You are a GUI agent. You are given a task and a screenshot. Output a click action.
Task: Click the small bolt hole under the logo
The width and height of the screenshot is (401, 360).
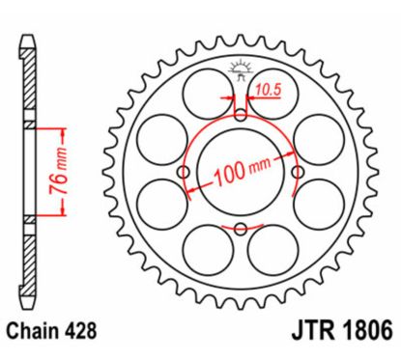tap(241, 116)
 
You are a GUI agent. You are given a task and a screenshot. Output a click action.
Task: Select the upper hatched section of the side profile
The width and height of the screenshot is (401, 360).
tap(28, 87)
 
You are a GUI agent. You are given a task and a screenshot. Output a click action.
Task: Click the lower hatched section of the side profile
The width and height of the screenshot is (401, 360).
tap(28, 261)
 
